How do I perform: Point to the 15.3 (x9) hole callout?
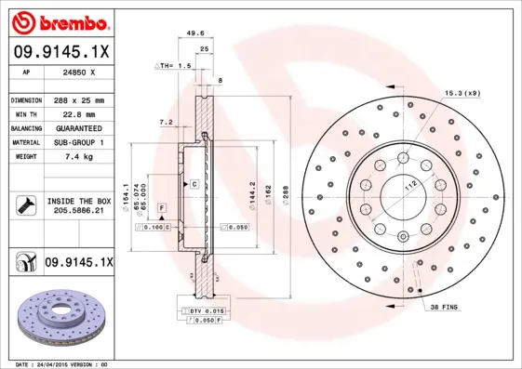(462, 92)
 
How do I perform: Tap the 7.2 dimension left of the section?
(166, 122)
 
